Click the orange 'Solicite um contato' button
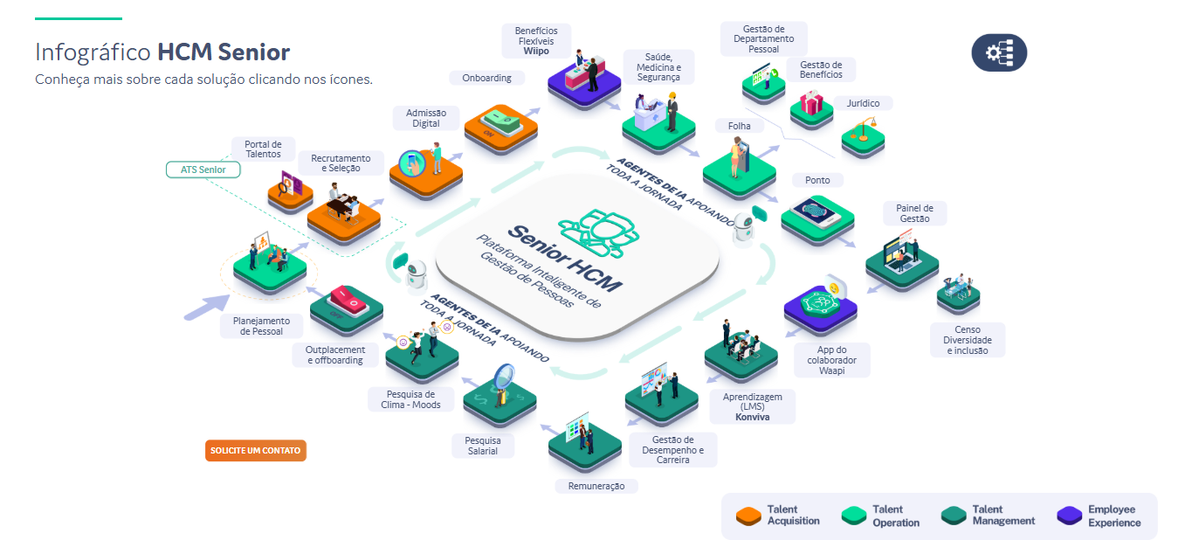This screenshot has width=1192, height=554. click(x=256, y=451)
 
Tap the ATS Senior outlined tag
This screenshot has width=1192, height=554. click(x=203, y=170)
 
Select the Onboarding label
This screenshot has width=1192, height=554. click(x=487, y=78)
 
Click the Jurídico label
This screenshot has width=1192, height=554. click(x=863, y=103)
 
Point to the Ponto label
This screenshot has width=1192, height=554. click(x=817, y=180)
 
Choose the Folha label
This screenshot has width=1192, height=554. click(x=739, y=126)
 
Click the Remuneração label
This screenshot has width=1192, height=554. click(x=596, y=486)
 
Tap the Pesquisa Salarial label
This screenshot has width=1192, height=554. click(x=482, y=446)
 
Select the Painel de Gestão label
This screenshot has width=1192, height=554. click(x=914, y=213)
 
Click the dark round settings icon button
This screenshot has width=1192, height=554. click(x=999, y=53)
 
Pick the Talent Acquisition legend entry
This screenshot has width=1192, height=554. click(x=779, y=516)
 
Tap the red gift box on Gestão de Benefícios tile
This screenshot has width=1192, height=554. click(x=812, y=106)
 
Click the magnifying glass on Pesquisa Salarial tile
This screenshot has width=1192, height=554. click(x=506, y=377)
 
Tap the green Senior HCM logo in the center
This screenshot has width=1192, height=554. click(x=600, y=231)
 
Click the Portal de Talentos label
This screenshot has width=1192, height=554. click(x=263, y=149)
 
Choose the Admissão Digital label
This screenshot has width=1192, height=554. click(x=426, y=118)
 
